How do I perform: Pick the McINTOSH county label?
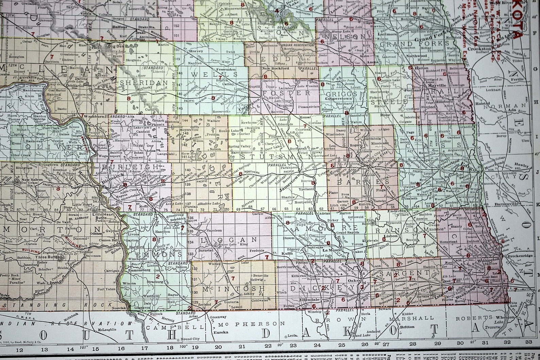tap(234, 288)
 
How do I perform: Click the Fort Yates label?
tap(105, 289)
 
